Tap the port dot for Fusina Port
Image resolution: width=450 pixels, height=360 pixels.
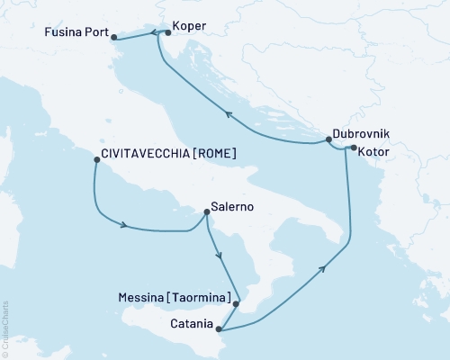click(x=114, y=37)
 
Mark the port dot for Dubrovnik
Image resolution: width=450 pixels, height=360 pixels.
click(x=328, y=139)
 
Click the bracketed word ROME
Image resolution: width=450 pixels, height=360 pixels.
click(x=215, y=154)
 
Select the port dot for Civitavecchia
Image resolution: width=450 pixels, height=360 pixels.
click(x=95, y=161)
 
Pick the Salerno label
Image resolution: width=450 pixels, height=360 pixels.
click(x=232, y=206)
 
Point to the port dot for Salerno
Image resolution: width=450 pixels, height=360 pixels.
click(x=207, y=212)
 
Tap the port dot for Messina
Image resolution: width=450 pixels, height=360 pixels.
click(x=236, y=304)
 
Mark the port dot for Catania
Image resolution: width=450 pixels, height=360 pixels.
click(x=219, y=328)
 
